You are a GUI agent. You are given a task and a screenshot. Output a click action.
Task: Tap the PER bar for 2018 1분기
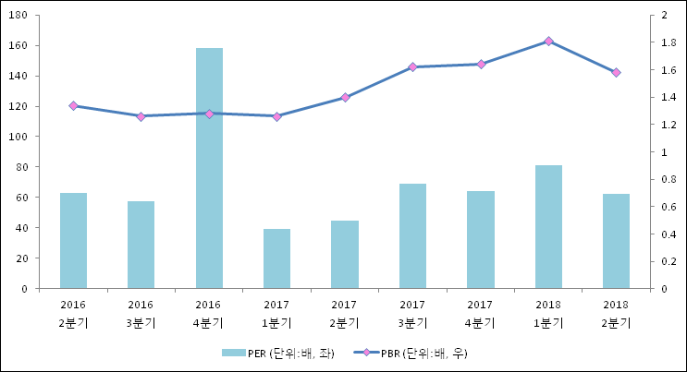[548, 227]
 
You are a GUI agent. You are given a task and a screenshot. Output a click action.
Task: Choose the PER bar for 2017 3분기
[412, 235]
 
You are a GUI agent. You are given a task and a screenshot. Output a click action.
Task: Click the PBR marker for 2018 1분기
[548, 42]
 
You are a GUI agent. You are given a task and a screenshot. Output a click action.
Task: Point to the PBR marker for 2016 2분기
[73, 106]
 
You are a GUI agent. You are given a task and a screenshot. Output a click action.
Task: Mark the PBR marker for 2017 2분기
[345, 97]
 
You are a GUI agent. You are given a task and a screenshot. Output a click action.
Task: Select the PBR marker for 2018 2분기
[616, 72]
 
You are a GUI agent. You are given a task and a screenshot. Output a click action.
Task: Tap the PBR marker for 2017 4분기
[481, 64]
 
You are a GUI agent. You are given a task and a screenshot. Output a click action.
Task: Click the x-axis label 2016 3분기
[141, 314]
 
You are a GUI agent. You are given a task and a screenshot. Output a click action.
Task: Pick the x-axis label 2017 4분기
[480, 314]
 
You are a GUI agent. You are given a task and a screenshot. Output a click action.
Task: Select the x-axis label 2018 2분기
[616, 314]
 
